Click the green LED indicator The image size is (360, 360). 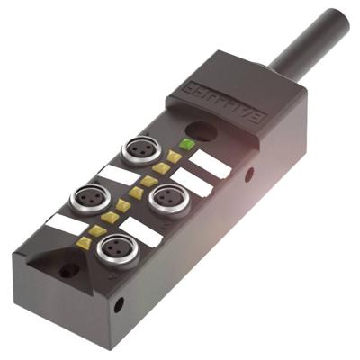tap(187, 144)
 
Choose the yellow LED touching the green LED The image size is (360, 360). tap(174, 156)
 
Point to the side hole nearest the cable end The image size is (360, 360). tap(249, 175)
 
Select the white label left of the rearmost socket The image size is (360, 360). tap(115, 174)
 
